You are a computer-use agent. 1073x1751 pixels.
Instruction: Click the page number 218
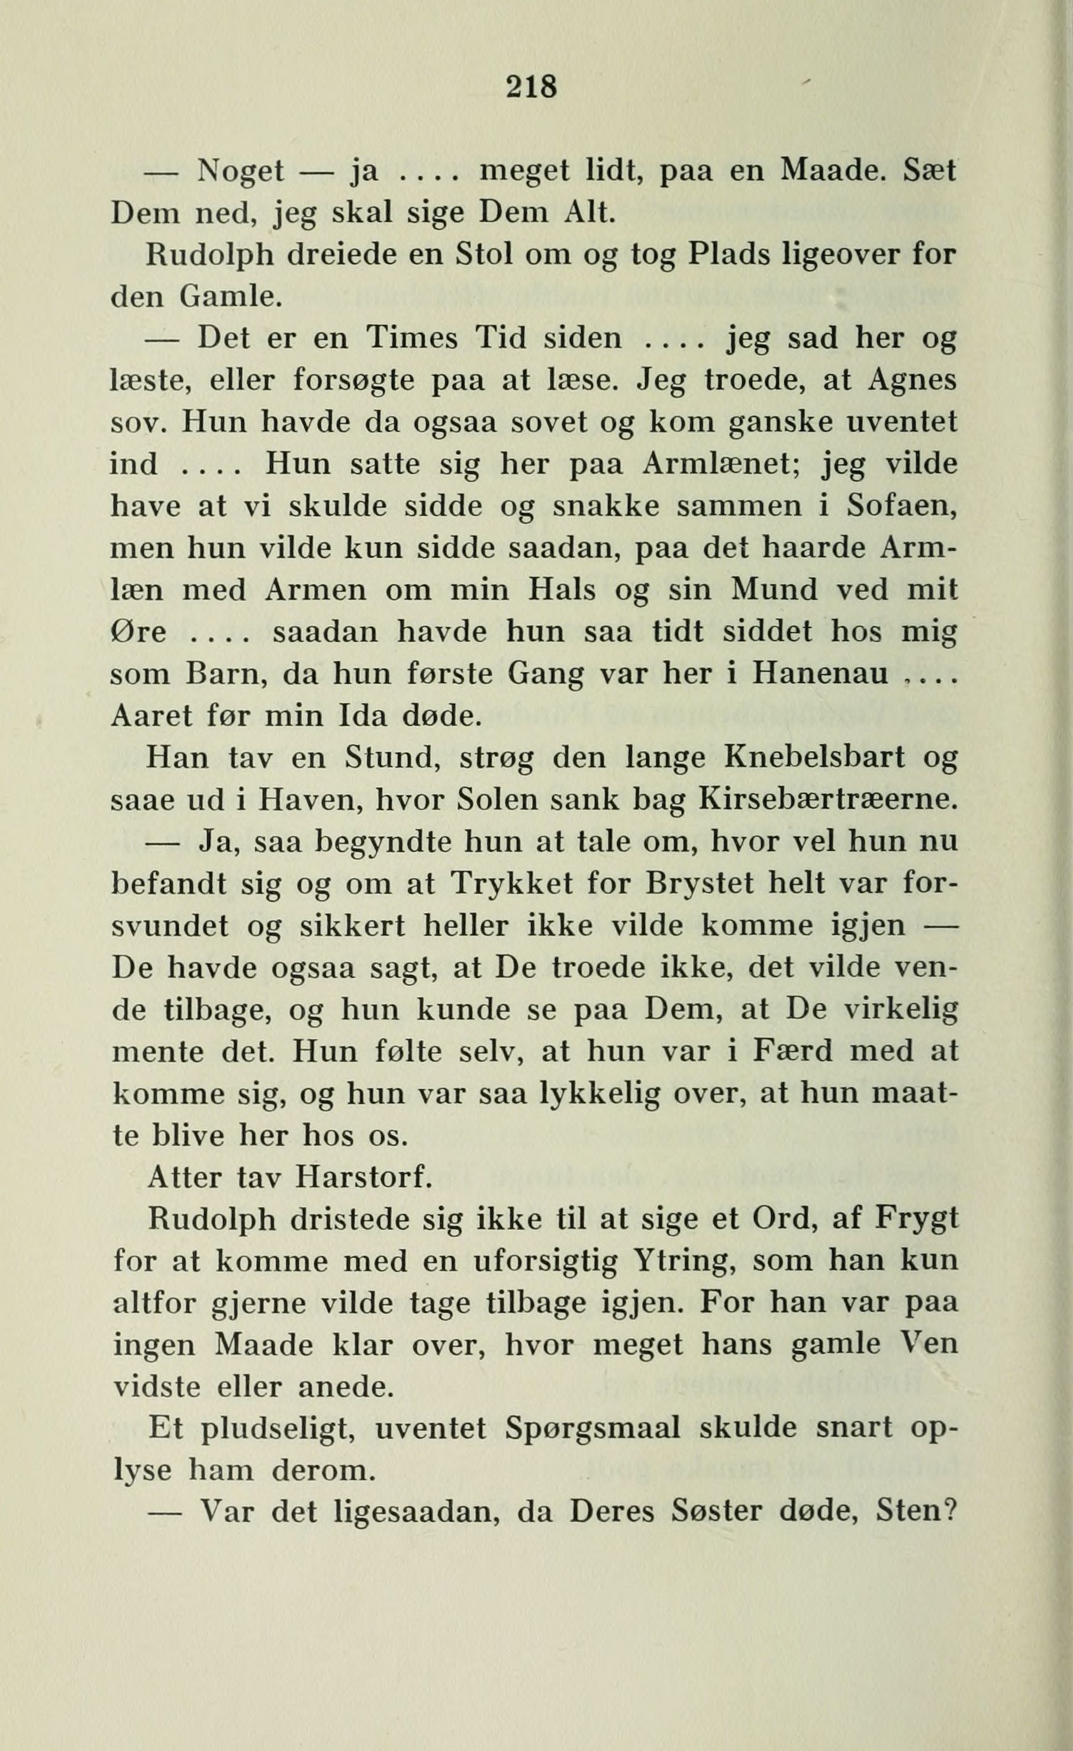click(531, 88)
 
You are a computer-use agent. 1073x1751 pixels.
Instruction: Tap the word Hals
click(556, 591)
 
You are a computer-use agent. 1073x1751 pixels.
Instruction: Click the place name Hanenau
click(820, 674)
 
